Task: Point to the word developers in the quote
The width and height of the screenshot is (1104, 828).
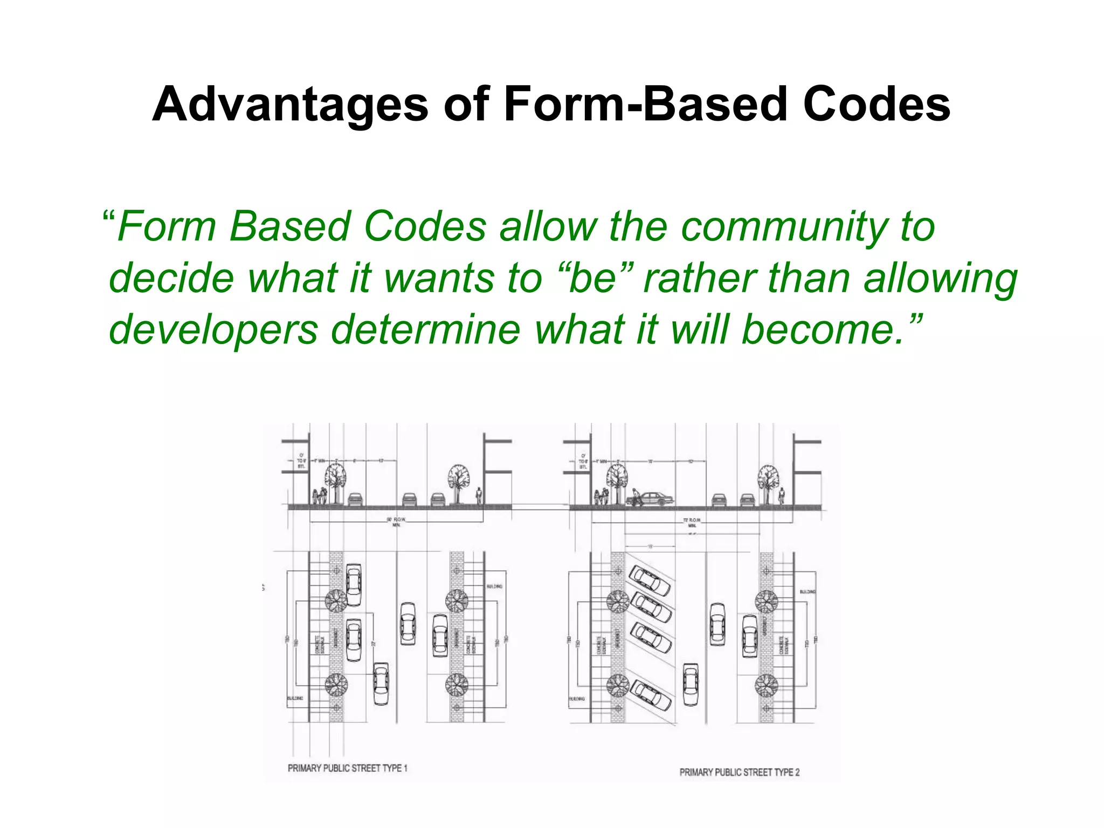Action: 213,330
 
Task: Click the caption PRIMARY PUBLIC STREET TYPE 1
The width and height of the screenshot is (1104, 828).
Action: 348,768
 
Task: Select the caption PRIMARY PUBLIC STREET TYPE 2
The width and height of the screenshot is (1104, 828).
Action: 740,772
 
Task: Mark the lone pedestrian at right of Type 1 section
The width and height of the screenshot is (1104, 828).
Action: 478,496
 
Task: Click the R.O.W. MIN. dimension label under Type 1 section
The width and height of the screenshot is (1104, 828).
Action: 396,522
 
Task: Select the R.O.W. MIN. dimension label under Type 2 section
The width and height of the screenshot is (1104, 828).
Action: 692,522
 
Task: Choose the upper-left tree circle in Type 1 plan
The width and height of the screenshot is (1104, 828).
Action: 335,601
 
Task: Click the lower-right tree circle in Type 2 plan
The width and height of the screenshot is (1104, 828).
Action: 766,686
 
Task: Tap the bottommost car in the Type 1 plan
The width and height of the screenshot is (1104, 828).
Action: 381,684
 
